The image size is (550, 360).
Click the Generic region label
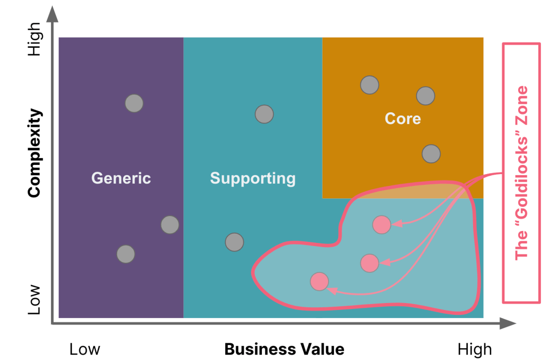121,178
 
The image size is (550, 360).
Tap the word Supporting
253,178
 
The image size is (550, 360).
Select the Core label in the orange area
403,118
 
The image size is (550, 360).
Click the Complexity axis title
34,153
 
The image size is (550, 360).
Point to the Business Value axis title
284,349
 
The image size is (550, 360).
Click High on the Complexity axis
34,39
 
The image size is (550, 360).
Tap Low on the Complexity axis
34,300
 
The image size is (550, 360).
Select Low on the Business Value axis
85,349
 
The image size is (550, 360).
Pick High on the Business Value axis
475,349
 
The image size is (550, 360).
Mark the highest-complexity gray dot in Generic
134,103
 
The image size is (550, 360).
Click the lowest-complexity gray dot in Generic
125,254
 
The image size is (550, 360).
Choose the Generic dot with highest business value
170,225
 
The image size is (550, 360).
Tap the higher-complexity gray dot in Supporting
264,114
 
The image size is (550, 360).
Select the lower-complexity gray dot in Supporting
234,242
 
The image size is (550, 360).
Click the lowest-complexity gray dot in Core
431,154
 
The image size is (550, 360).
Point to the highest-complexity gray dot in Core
369,84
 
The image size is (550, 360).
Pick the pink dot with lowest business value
319,281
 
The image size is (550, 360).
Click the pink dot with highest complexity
382,225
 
